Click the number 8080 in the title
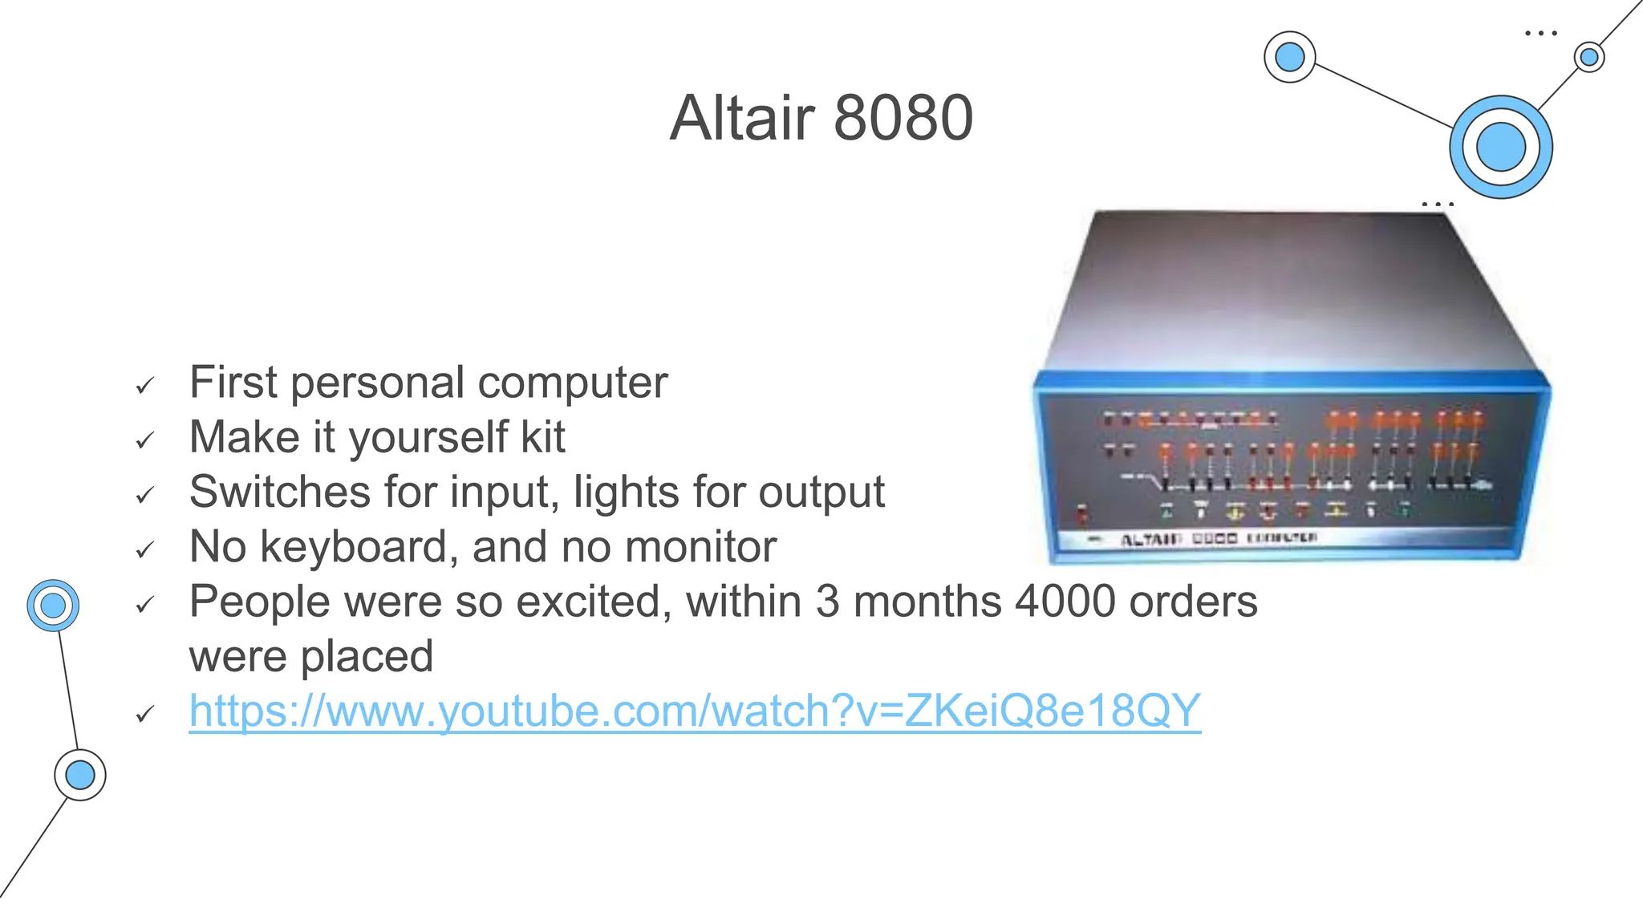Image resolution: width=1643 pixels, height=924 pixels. [903, 118]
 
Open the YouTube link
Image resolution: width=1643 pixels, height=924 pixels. [695, 711]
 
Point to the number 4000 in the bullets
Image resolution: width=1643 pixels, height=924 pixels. [1065, 602]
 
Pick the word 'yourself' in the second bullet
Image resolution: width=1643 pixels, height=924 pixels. [428, 438]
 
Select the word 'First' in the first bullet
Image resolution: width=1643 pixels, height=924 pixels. [233, 383]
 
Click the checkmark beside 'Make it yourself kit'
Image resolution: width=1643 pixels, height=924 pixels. [144, 440]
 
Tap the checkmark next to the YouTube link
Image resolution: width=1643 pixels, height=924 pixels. [144, 714]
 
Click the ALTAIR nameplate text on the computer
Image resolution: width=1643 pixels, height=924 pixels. [1150, 540]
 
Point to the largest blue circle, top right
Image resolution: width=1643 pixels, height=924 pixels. [1500, 148]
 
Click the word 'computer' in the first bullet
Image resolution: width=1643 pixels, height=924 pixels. [573, 383]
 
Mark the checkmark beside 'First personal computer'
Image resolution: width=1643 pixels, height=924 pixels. [144, 386]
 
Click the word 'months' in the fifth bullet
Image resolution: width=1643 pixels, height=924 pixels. [927, 602]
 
